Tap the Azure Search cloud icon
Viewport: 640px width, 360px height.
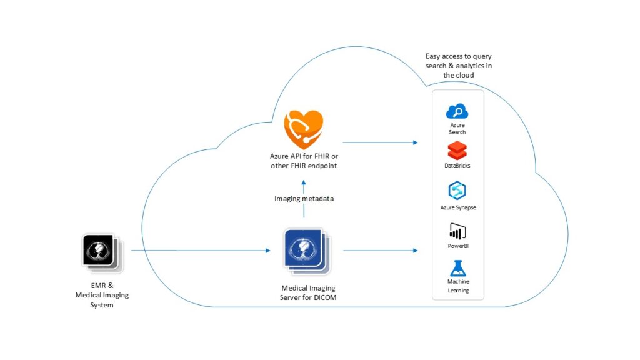coord(457,112)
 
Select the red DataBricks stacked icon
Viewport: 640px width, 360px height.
coord(457,151)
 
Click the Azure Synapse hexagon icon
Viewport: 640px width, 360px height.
coord(457,191)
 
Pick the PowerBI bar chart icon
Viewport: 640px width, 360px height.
coord(457,231)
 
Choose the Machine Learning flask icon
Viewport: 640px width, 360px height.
coord(457,269)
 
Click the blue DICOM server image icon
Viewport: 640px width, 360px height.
coord(304,251)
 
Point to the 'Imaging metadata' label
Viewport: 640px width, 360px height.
coord(304,199)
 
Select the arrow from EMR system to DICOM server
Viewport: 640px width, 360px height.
coord(200,251)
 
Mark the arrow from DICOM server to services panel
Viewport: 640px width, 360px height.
coord(379,251)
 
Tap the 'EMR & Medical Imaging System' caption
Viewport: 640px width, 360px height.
coord(102,295)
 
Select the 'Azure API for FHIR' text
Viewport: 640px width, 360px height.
coord(304,156)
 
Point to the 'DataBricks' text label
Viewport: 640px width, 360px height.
coord(457,166)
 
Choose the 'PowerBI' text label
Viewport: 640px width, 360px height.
coord(457,246)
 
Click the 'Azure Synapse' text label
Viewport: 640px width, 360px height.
coord(457,207)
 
